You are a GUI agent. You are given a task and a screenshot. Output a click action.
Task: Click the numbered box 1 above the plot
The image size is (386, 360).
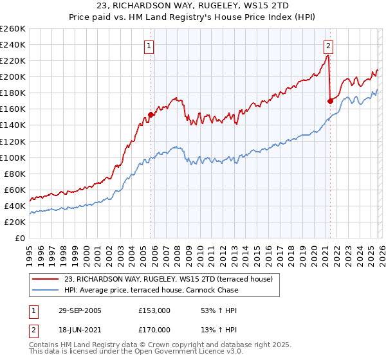tap(149, 46)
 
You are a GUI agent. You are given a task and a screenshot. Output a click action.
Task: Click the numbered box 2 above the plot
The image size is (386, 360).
tap(328, 46)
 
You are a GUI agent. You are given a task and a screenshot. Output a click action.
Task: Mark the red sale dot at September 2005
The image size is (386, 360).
tap(151, 114)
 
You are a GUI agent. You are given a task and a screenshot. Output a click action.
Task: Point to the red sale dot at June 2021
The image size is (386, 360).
tap(330, 101)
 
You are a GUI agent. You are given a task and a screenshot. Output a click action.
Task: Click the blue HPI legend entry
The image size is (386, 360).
tap(151, 290)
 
